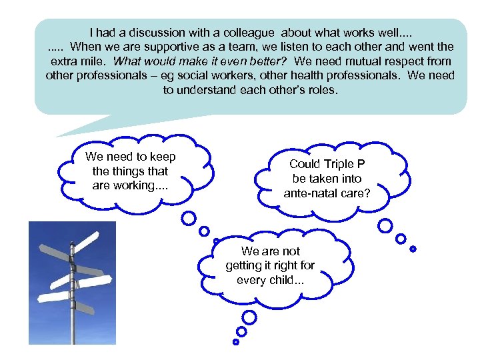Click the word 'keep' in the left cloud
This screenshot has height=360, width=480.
click(x=162, y=157)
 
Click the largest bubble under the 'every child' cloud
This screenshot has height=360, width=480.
click(x=249, y=317)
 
